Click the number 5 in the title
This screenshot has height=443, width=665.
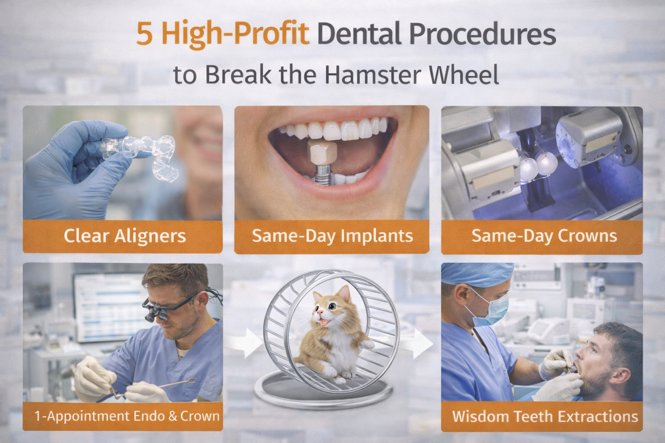click(145, 35)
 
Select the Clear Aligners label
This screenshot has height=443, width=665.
click(125, 236)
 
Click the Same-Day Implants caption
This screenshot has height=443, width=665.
click(332, 236)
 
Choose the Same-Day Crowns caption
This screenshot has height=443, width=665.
click(544, 236)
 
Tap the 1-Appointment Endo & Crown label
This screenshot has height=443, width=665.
click(126, 416)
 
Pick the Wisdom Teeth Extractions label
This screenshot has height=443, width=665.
click(545, 417)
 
